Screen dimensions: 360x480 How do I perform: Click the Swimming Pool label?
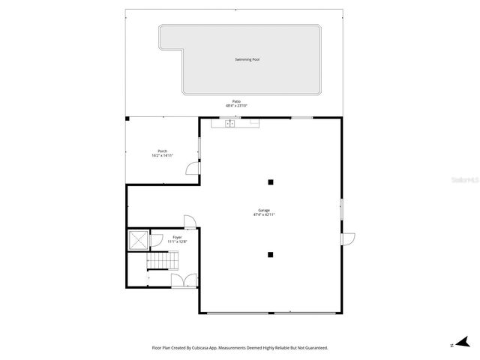(247, 59)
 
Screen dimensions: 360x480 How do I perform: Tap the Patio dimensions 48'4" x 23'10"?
(236, 106)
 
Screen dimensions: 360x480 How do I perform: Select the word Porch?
(162, 151)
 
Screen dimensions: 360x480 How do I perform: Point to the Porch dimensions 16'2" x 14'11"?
(162, 155)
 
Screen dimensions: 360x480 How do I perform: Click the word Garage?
(264, 210)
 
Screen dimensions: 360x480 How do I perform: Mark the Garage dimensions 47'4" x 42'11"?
(264, 214)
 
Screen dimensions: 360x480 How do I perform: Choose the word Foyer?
(166, 237)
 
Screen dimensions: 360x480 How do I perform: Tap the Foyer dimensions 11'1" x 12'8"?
(166, 241)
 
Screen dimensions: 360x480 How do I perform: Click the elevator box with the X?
(138, 240)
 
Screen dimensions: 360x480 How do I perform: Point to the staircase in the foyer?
(162, 261)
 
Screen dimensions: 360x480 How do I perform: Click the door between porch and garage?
(193, 171)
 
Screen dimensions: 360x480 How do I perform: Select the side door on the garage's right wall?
(348, 238)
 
